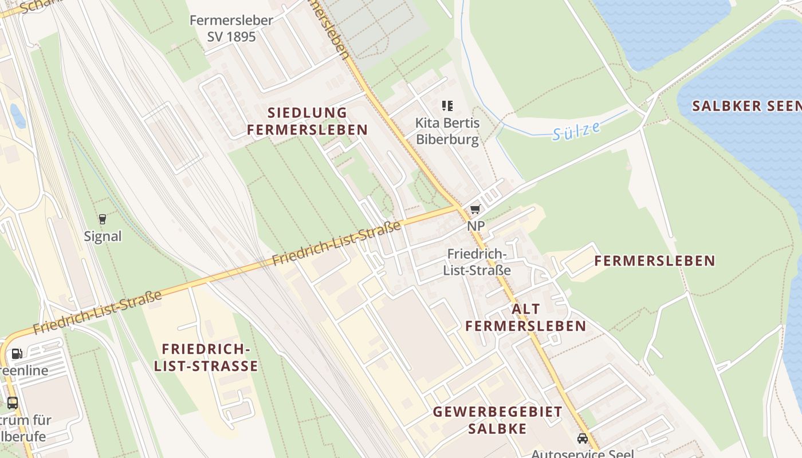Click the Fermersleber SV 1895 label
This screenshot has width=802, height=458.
pos(231,28)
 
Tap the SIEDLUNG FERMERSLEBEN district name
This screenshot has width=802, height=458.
pos(307,121)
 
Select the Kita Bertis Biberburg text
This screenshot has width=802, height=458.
pos(447,131)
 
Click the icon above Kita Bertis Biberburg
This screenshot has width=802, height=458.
pos(447,105)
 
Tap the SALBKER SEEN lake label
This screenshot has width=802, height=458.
pos(746,106)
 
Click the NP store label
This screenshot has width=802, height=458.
pos(475,226)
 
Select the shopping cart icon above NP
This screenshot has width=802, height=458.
pos(475,210)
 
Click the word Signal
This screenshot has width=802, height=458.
pos(103,236)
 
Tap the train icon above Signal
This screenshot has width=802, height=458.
pos(103,219)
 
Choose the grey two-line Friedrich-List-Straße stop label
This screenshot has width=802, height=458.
pos(477,262)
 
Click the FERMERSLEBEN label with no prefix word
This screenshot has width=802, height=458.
pos(654,261)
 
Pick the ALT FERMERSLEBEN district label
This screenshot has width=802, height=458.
pos(525,318)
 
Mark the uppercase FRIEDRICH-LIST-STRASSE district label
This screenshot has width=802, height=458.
pos(206,357)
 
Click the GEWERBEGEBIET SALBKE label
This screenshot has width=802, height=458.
pos(497,420)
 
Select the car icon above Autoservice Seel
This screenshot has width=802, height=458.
pos(583,439)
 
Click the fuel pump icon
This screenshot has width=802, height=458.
pos(17,354)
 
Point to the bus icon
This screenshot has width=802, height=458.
pos(12,402)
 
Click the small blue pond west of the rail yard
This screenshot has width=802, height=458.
pos(18,116)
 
